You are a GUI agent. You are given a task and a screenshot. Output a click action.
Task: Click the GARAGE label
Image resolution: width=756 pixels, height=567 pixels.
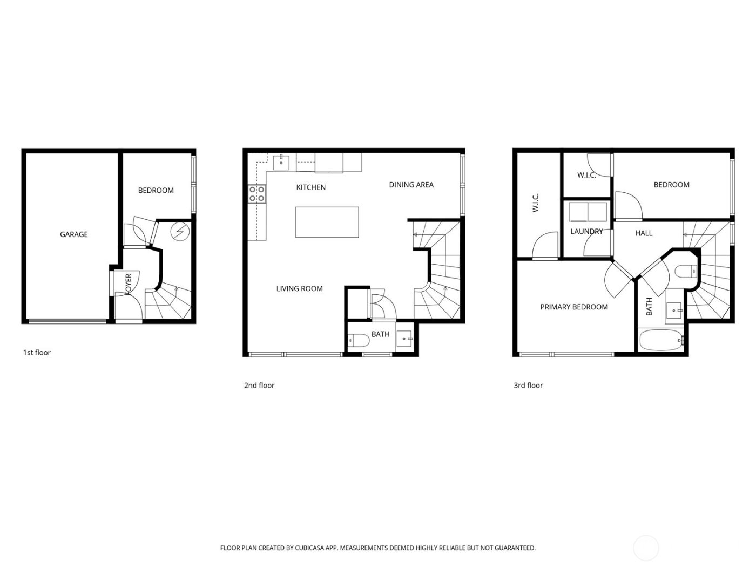click(x=73, y=234)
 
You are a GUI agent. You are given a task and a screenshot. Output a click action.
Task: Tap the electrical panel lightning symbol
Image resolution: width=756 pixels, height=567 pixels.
click(x=179, y=232)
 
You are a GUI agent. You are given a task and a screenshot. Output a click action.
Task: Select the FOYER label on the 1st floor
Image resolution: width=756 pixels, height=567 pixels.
click(x=129, y=284)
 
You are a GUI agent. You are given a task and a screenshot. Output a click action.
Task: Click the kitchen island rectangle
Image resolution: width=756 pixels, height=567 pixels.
click(x=327, y=222)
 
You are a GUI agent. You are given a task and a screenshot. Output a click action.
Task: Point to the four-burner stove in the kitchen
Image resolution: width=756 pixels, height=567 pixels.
click(x=256, y=193)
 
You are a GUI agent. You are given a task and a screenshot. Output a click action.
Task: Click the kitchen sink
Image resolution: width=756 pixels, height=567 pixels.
click(x=281, y=161)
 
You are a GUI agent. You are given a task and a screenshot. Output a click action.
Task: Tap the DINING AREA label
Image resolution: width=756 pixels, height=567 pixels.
click(x=411, y=185)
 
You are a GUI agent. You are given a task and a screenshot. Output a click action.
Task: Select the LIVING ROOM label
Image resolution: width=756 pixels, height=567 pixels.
click(x=299, y=289)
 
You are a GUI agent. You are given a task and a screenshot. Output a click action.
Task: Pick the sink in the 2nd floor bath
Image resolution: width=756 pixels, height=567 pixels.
click(x=404, y=339)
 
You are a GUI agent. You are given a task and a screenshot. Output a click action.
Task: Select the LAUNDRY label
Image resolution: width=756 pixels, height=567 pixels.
click(x=586, y=231)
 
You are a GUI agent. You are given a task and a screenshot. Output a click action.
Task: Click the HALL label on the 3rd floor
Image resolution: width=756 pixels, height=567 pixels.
click(x=644, y=233)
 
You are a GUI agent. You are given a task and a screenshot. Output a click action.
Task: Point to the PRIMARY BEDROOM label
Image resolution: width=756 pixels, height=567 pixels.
click(x=574, y=307)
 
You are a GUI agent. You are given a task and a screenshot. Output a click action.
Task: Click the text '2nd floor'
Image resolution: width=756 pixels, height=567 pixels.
click(x=259, y=385)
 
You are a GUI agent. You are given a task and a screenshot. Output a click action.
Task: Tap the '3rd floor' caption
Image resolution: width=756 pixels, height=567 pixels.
click(x=528, y=385)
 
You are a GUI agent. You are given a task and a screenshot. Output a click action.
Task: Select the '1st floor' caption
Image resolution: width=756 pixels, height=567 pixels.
click(x=37, y=353)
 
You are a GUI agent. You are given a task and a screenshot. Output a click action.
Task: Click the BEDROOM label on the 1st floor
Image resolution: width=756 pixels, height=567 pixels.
click(x=156, y=190)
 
